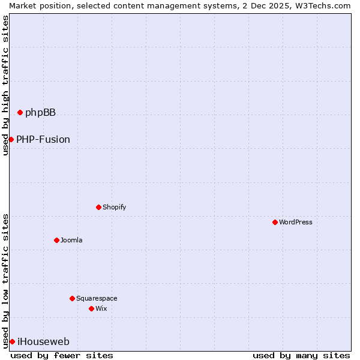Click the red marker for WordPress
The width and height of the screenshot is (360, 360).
pyautogui.click(x=275, y=222)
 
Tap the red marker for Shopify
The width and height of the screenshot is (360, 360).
pyautogui.click(x=98, y=207)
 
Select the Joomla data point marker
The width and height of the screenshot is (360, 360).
pyautogui.click(x=56, y=240)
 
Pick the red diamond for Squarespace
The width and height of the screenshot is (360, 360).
pyautogui.click(x=72, y=298)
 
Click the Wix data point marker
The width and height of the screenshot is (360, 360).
pyautogui.click(x=91, y=308)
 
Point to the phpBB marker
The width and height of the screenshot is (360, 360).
pyautogui.click(x=20, y=112)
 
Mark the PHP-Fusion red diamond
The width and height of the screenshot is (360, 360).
pyautogui.click(x=11, y=139)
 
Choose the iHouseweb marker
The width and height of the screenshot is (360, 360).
pyautogui.click(x=12, y=341)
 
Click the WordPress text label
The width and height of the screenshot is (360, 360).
pyautogui.click(x=296, y=222)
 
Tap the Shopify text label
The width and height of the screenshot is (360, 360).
pyautogui.click(x=114, y=207)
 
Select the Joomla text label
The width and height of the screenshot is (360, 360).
pyautogui.click(x=71, y=240)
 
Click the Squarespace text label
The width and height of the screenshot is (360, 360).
pyautogui.click(x=97, y=298)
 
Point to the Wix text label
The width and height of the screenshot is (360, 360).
pyautogui.click(x=101, y=308)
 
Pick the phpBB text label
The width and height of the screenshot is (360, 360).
pyautogui.click(x=40, y=112)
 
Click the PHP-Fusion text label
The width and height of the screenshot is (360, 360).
pyautogui.click(x=43, y=139)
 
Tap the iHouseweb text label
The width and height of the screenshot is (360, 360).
pyautogui.click(x=43, y=341)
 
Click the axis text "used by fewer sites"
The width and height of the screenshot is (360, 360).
pyautogui.click(x=62, y=355)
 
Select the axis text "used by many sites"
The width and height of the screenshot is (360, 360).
pyautogui.click(x=301, y=355)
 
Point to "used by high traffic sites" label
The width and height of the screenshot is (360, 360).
pyautogui.click(x=5, y=85)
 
